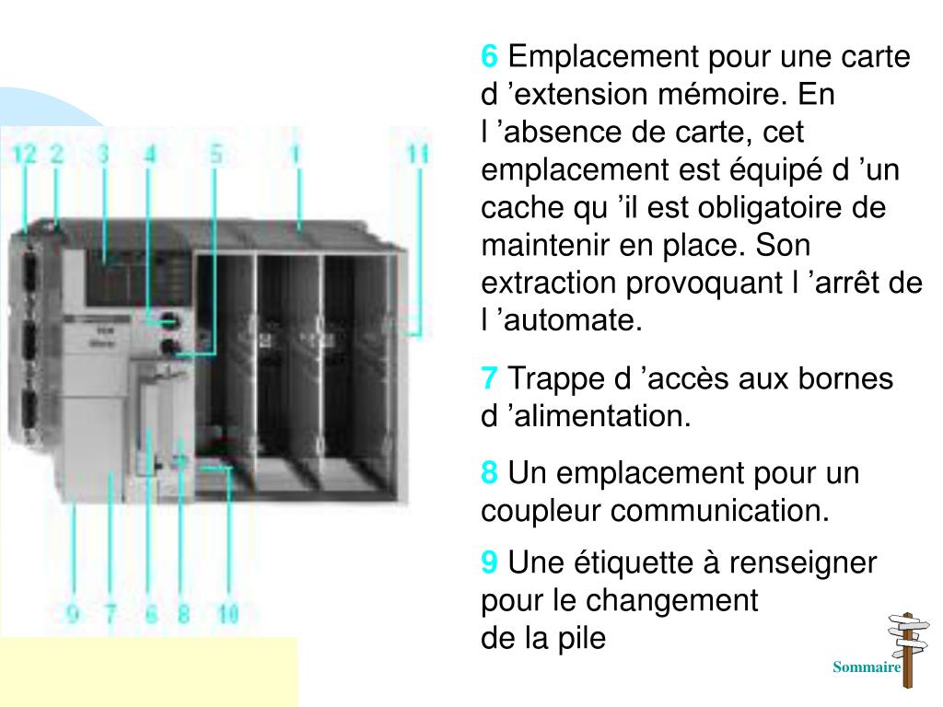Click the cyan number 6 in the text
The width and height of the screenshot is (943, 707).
pos(490,57)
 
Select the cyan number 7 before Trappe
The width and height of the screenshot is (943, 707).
pos(490,378)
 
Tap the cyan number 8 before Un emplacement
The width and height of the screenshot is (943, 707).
pos(490,474)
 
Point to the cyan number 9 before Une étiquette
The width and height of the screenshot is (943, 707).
pos(490,562)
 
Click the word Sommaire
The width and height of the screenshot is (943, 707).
pos(866,667)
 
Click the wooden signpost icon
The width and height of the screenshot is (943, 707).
pos(906,649)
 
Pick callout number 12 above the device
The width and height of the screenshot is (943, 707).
pos(25,155)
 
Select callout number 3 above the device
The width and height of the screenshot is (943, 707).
pos(103,154)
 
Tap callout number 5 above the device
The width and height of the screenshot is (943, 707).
pos(215,154)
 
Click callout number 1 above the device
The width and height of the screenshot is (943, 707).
pos(297,154)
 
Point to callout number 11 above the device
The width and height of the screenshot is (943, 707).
pos(418,154)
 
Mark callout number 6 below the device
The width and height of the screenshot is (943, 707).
pos(151,613)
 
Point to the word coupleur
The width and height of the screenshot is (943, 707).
pos(541,510)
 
